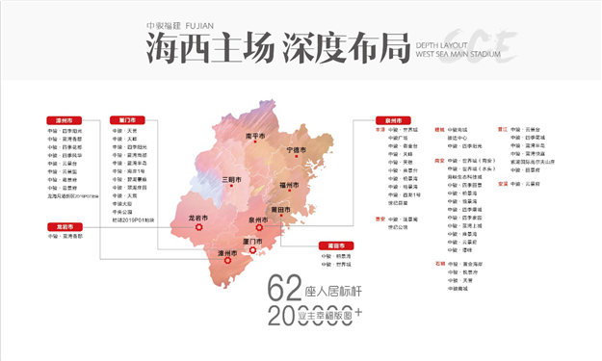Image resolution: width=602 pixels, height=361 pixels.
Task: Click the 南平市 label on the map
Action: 255,136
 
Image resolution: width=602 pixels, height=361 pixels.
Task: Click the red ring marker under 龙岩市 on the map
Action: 199,229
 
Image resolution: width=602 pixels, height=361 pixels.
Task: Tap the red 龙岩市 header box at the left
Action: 60,227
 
